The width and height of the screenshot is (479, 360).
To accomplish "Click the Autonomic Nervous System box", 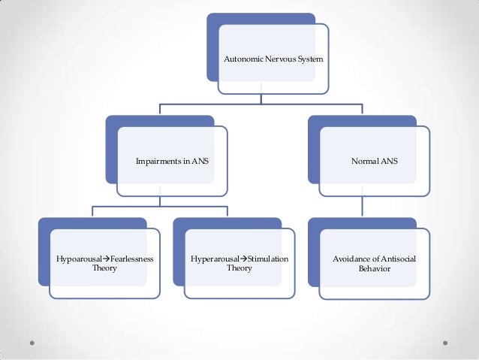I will (273, 59).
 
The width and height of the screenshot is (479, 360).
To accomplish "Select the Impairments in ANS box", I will (172, 161).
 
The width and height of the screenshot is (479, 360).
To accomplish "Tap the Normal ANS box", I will (374, 161).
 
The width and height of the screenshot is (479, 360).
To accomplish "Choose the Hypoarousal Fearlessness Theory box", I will (104, 263).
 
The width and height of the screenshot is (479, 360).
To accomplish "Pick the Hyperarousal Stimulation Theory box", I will (239, 263).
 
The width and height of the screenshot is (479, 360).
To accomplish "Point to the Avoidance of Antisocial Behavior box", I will (374, 263).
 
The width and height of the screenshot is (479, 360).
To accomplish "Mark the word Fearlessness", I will (129, 259).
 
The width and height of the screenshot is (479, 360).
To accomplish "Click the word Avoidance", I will (351, 259).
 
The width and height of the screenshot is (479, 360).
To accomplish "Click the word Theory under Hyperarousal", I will (239, 268).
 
